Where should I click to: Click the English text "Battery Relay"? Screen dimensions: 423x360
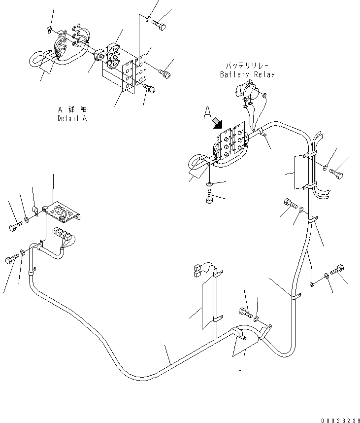(247, 74)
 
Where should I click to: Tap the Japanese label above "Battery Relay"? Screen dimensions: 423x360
(247, 66)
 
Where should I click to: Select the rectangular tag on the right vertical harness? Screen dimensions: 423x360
(299, 172)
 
